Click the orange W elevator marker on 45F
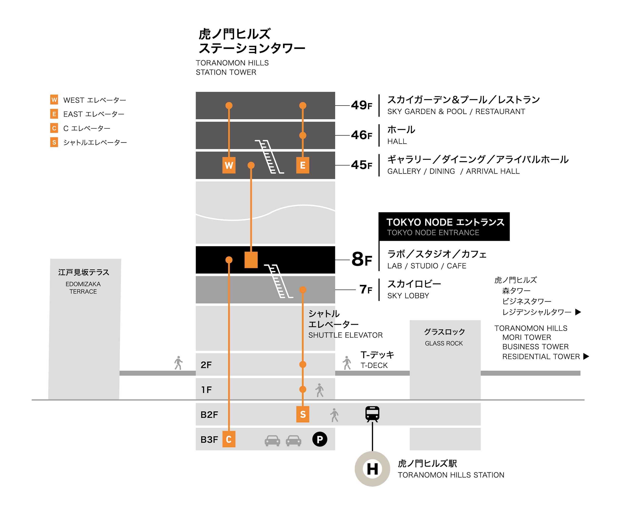pos(229,165)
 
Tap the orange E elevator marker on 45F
pos(303,165)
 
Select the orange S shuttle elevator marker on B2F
pos(303,414)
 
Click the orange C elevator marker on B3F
pos(229,439)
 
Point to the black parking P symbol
pos(319,439)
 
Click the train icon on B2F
pos(372,414)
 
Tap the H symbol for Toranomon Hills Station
pos(372,469)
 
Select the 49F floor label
pos(361,105)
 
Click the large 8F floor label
pos(362,259)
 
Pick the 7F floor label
pos(366,289)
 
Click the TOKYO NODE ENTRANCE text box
pos(444,226)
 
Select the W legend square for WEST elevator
pos(54,100)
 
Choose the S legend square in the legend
pos(54,142)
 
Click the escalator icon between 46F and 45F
pos(269,157)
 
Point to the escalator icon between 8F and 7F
pos(278,281)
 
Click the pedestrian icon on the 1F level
pos(319,390)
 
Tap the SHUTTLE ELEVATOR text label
pos(345,335)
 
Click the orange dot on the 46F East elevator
pos(303,135)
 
